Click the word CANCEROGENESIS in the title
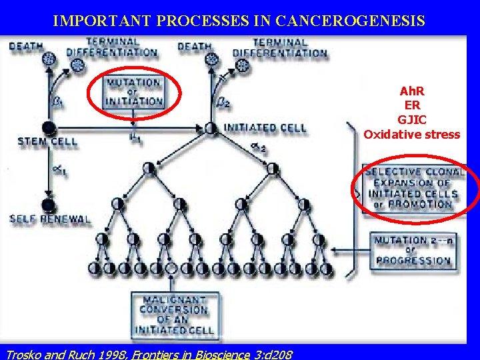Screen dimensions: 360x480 [x=359, y=21]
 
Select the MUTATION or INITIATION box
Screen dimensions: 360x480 [x=134, y=93]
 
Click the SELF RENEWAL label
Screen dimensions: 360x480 [x=50, y=219]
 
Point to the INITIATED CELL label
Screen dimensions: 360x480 [x=265, y=128]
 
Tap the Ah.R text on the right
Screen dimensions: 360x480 [x=411, y=90]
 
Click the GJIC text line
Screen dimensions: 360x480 [x=411, y=119]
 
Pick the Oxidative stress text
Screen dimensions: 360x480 [x=411, y=135]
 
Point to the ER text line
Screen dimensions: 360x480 [x=411, y=105]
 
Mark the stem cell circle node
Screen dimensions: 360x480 [x=47, y=127]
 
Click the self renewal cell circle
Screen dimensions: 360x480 [x=47, y=205]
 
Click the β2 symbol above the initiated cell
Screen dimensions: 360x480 [x=225, y=103]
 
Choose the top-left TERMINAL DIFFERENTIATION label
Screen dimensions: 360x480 [x=111, y=47]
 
